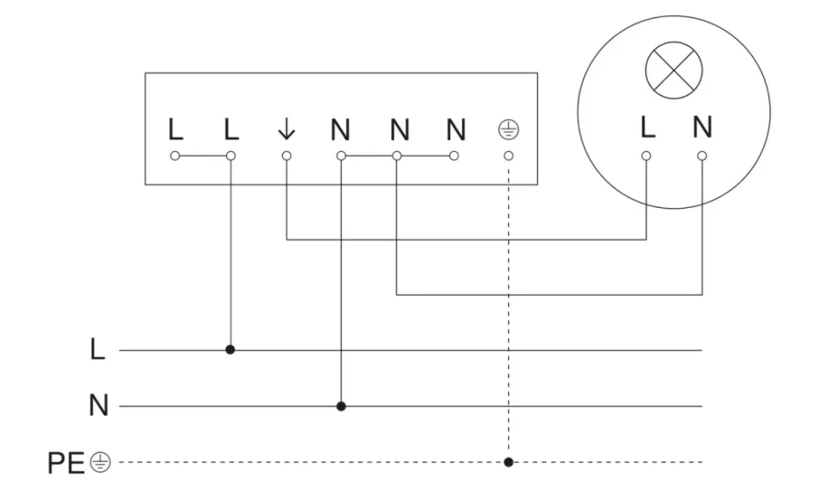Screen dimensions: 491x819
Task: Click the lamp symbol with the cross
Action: click(674, 72)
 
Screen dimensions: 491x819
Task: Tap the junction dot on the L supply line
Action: click(230, 349)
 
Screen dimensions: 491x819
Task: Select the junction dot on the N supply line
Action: click(341, 406)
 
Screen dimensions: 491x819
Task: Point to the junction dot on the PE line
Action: click(508, 462)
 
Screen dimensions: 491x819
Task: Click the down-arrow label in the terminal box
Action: click(286, 129)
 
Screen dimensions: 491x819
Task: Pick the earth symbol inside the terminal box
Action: click(508, 129)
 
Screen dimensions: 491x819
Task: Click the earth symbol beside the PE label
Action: click(100, 462)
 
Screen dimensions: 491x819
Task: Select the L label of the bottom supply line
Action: click(99, 350)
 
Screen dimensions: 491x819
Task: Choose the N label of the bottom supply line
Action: click(99, 406)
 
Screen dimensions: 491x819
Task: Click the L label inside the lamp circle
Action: click(647, 128)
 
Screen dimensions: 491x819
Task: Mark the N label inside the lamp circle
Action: click(702, 128)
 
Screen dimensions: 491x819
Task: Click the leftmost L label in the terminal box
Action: click(175, 129)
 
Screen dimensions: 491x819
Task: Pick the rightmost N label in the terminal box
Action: click(456, 129)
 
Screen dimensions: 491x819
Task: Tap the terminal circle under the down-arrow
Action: click(286, 156)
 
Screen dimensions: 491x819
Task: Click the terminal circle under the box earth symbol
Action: click(508, 156)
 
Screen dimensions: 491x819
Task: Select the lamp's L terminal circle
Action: click(647, 156)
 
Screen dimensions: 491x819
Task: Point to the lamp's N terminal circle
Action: click(702, 156)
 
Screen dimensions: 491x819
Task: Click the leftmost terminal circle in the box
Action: click(175, 156)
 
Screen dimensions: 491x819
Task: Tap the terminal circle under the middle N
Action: click(397, 156)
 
